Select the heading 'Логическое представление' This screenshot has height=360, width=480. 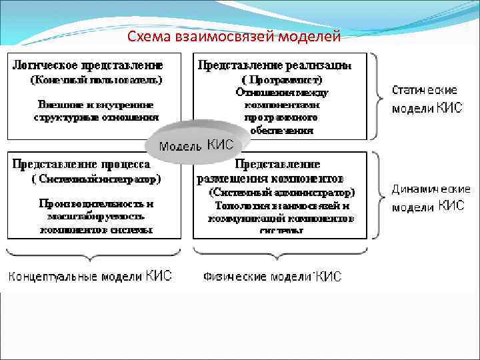[x=87, y=65]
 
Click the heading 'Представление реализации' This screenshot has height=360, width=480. [x=273, y=65]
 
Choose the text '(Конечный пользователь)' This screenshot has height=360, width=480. [x=96, y=80]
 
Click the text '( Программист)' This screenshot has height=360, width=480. [x=281, y=80]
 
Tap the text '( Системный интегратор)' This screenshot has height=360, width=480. [x=96, y=179]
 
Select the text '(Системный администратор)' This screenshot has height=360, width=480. [x=282, y=192]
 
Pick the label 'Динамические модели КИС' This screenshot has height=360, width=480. [x=427, y=198]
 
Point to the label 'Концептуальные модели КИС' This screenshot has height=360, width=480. [x=89, y=276]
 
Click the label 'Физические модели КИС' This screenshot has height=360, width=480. [x=272, y=276]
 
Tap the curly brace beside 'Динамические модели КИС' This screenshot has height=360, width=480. [x=379, y=195]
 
